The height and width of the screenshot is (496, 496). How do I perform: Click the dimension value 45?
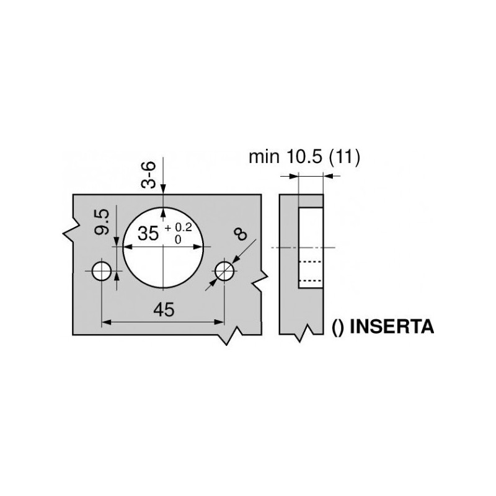coord(162,310)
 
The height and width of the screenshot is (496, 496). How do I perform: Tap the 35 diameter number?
coord(148,234)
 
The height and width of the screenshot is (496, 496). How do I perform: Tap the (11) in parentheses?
coord(345,157)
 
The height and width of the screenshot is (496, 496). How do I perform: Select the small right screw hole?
coord(224,270)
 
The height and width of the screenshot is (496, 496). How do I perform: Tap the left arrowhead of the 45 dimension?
coord(106,321)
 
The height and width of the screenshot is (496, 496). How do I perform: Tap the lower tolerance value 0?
coord(179,239)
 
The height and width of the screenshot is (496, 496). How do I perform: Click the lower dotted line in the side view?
coord(311,280)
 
